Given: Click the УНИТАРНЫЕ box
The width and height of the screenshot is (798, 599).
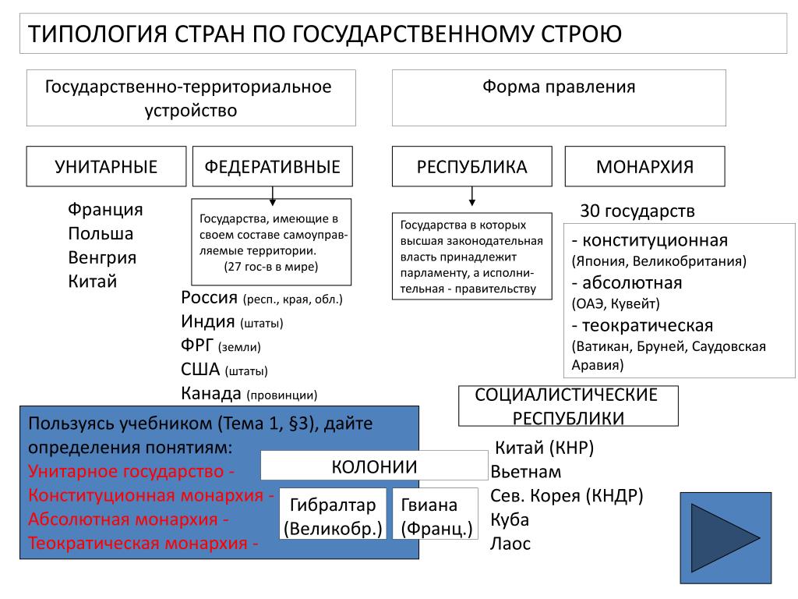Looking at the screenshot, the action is coord(106,167).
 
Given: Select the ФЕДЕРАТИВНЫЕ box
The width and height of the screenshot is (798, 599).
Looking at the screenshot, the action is coord(272,167).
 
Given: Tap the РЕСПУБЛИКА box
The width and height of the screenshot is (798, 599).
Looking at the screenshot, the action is coord(471,167).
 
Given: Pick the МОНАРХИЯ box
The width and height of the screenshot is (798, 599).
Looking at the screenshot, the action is coord(644,167).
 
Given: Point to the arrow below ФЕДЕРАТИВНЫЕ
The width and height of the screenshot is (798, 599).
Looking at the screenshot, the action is coord(273,196).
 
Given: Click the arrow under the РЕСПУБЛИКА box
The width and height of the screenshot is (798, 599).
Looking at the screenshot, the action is coord(472,196).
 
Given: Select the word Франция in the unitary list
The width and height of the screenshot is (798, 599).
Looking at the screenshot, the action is coord(105,209).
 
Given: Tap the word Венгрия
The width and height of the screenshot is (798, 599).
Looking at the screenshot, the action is coord(102,257).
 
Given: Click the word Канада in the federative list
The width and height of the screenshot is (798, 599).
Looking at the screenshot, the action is coord(211,393).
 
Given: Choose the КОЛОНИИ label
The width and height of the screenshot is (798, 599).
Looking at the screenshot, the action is coord(374,466).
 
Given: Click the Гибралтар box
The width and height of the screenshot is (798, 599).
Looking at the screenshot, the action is coord(333,514).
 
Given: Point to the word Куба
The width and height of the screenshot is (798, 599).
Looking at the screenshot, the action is coord(510,519).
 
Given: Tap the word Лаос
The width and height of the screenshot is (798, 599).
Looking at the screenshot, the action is coord(510,544).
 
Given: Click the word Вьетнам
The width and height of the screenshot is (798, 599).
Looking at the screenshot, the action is coord(526,472).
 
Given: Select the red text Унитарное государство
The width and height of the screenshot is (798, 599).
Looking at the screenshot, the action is coord(125,472).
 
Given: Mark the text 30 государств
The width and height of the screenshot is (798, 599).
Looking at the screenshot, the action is coord(637,211).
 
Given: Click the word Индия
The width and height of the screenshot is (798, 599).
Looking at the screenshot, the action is coord(207,321).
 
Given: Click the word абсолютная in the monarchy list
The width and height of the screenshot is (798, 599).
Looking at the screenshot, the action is coord(632,282).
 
